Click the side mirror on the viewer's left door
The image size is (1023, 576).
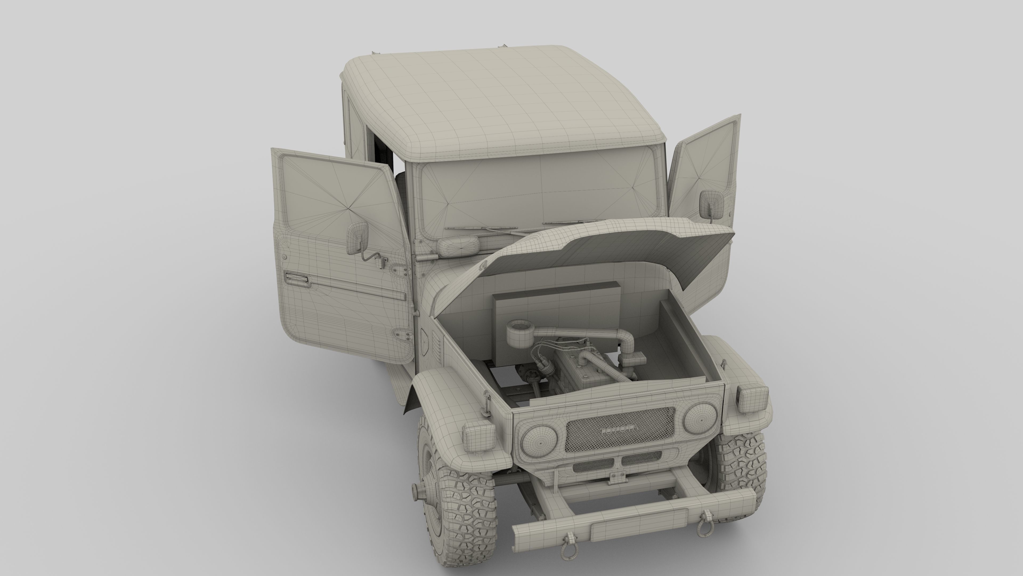(358, 238)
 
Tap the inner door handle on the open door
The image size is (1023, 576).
(296, 278)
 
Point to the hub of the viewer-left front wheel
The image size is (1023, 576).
(420, 493)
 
